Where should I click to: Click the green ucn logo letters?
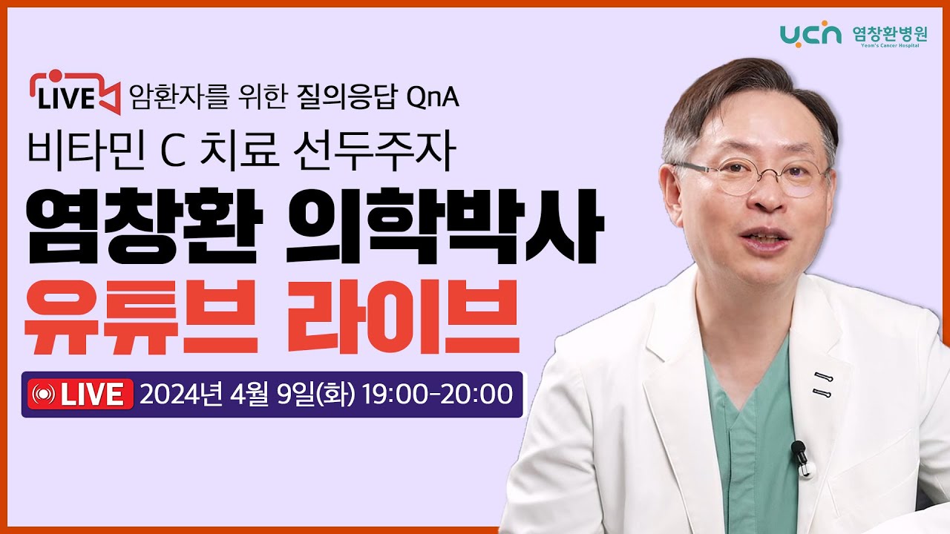(x=810, y=33)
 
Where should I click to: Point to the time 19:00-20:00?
(x=438, y=394)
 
